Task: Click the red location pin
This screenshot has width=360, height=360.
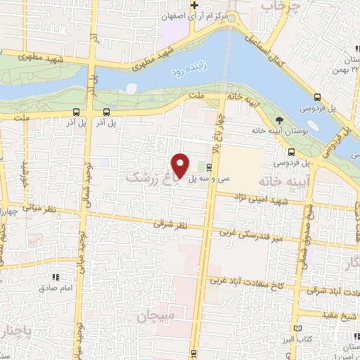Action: (181, 165)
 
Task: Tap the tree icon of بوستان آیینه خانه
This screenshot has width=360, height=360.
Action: (279, 120)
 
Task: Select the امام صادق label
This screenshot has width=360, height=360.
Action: (52, 288)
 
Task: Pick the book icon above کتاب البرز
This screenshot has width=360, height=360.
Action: (297, 328)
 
